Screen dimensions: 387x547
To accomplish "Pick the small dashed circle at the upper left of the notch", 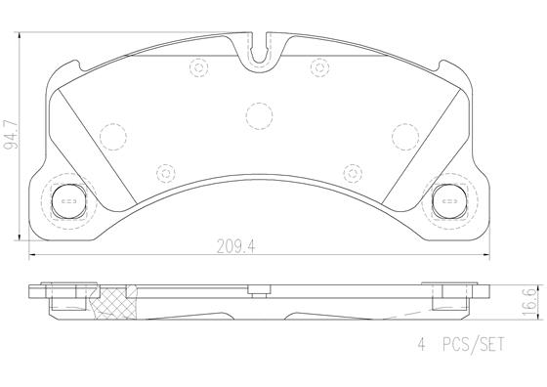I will pyautogui.click(x=201, y=67).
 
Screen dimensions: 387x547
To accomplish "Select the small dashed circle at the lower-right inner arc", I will pyautogui.click(x=351, y=172).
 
